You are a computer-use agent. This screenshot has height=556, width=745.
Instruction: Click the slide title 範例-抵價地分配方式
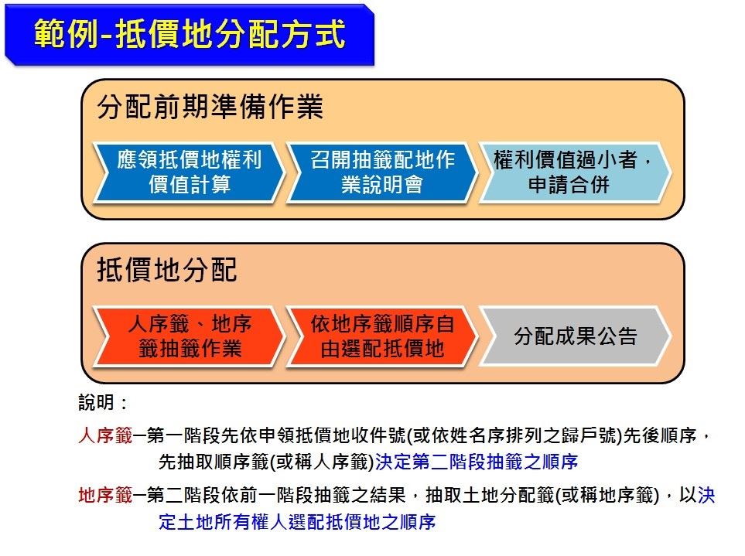pos(190,33)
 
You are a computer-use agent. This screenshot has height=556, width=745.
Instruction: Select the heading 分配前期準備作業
pos(210,106)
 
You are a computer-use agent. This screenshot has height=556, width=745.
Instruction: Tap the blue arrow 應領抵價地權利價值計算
pos(189,172)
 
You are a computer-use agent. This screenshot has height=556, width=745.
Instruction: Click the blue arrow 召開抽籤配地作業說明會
pos(381,172)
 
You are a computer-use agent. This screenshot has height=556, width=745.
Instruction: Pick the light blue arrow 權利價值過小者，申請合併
pos(575,172)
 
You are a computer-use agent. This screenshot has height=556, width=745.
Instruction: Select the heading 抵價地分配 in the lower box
pos(167,270)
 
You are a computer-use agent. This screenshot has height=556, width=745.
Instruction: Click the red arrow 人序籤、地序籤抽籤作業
pos(189,336)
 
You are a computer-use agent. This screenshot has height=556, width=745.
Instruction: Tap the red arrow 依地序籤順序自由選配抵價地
pos(381,336)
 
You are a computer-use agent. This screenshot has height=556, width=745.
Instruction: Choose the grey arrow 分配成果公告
pos(575,336)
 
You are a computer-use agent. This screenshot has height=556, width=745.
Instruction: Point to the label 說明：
pos(103,403)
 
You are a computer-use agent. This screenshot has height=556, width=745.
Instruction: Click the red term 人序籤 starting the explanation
pos(105,435)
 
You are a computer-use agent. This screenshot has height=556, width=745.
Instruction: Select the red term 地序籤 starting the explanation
pos(105,495)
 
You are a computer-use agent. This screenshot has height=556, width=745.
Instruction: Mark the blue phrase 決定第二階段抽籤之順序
pos(477,462)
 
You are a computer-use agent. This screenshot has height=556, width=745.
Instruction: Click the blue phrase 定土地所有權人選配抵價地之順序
pos(297,522)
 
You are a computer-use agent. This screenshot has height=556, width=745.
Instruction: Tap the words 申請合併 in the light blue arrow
pos(569,185)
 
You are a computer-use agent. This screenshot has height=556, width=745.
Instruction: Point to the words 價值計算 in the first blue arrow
pos(190,185)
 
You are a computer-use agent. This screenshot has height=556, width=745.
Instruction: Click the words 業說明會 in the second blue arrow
pos(382,185)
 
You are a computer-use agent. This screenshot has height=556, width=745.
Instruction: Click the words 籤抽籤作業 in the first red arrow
pos(190,349)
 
